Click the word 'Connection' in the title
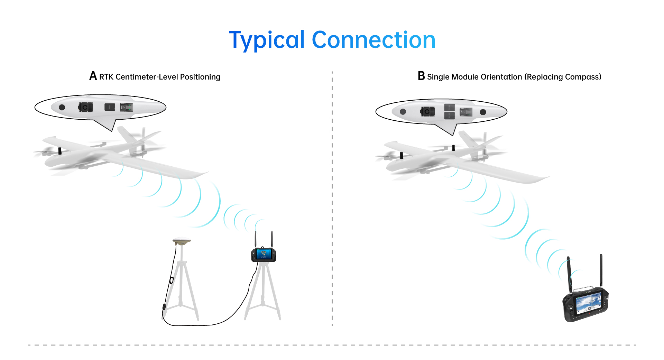click(373, 40)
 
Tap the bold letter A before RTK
click(93, 76)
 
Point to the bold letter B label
click(421, 76)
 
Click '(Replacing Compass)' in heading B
click(563, 77)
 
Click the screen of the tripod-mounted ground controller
click(264, 255)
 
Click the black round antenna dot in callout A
click(62, 107)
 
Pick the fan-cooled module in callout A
click(85, 107)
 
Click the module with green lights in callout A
click(126, 107)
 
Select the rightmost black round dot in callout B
click(483, 112)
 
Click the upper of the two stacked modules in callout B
click(449, 108)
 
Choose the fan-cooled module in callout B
click(427, 112)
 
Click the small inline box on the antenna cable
click(164, 306)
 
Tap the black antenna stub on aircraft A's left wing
click(60, 151)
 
